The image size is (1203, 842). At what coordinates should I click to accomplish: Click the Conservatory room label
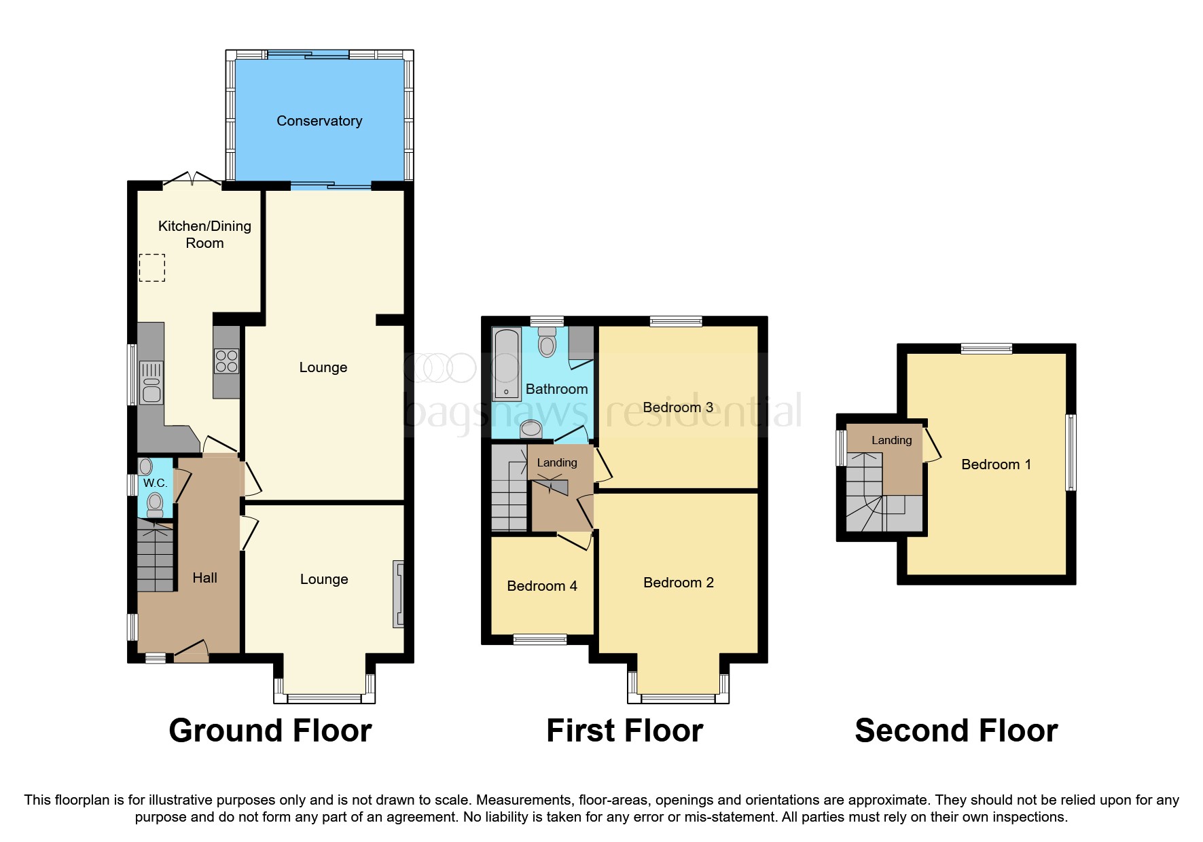[x=319, y=121]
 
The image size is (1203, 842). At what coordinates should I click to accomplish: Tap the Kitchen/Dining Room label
[x=204, y=234]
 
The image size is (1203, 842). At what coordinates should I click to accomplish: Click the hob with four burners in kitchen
[x=227, y=361]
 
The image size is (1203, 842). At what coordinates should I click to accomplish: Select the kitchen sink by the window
[x=151, y=383]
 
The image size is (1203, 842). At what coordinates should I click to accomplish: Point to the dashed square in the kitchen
[x=152, y=268]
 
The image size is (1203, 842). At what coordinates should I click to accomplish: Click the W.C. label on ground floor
[x=155, y=483]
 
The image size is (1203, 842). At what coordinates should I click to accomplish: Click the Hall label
[x=204, y=578]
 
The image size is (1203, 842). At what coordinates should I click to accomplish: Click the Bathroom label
[x=556, y=389]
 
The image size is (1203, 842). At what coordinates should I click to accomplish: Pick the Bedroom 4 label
[x=542, y=586]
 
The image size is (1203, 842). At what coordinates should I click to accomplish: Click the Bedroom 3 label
[x=678, y=407]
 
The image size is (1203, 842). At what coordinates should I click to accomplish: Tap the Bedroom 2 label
[x=679, y=583]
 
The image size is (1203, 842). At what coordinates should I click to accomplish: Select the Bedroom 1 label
[x=996, y=464]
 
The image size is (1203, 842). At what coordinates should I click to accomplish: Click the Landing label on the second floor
[x=891, y=440]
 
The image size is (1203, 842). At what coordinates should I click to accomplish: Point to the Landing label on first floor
[x=557, y=462]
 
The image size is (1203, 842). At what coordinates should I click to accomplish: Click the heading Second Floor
[x=956, y=731]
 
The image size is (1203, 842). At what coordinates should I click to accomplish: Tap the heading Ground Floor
[x=270, y=731]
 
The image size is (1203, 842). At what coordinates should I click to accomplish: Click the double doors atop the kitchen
[x=193, y=179]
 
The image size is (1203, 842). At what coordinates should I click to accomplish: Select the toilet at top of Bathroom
[x=547, y=343]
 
